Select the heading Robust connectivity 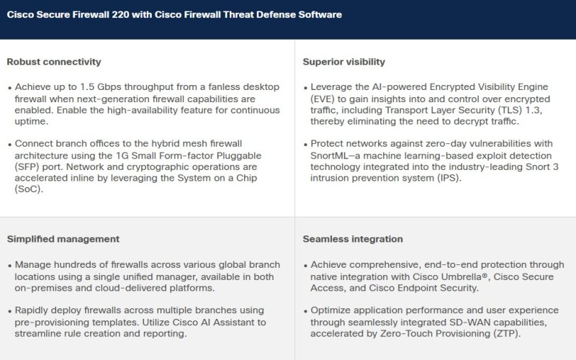(x=54, y=62)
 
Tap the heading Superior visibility (x=344, y=62)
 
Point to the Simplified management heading (x=63, y=239)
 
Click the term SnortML (x=330, y=156)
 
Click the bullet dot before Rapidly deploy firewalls (x=10, y=312)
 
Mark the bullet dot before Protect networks (x=306, y=145)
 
